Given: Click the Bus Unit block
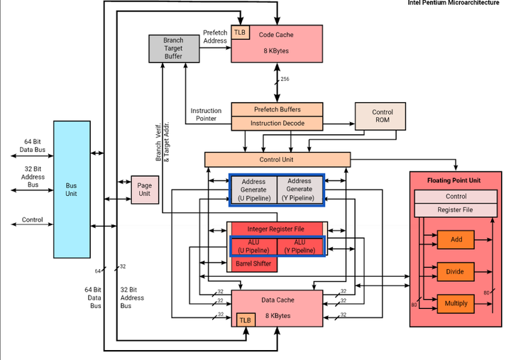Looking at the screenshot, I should pyautogui.click(x=73, y=190).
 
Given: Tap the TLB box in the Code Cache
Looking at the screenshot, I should pyautogui.click(x=241, y=33).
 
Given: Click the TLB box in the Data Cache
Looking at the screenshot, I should pyautogui.click(x=246, y=320).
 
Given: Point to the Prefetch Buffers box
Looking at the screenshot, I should pyautogui.click(x=278, y=109).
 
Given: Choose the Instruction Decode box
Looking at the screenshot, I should pyautogui.click(x=278, y=124).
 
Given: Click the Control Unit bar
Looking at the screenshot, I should pyautogui.click(x=278, y=160).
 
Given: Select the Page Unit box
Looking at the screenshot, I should pyautogui.click(x=143, y=190).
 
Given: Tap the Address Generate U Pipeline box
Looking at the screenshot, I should pyautogui.click(x=253, y=190).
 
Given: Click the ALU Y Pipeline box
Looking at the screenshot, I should pyautogui.click(x=299, y=246).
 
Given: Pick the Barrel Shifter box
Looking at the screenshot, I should pyautogui.click(x=253, y=263).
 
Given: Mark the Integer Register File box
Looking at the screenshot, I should pyautogui.click(x=275, y=229).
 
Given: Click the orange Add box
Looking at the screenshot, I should pyautogui.click(x=456, y=239).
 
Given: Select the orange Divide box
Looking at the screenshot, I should pyautogui.click(x=456, y=271).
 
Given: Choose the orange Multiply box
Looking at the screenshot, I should pyautogui.click(x=456, y=303).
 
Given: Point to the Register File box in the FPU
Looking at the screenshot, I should pyautogui.click(x=455, y=210).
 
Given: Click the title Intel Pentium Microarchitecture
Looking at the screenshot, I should pyautogui.click(x=458, y=4).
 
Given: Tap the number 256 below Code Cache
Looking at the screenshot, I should pyautogui.click(x=285, y=79).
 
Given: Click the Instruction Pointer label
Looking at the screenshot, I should pyautogui.click(x=206, y=114).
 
